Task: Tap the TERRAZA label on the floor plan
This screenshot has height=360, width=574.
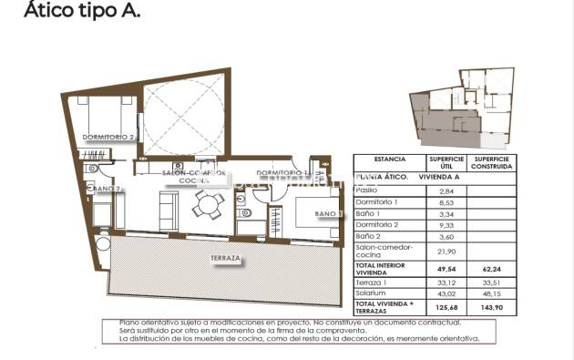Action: (x=225, y=259)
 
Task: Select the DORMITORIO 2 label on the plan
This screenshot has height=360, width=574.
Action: (x=108, y=138)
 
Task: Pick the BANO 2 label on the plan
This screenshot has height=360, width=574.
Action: (x=106, y=190)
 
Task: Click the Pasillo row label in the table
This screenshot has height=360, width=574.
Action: (x=366, y=190)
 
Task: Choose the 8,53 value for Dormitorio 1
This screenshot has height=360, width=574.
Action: (x=446, y=201)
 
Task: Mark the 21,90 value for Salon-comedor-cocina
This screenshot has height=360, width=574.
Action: (x=446, y=250)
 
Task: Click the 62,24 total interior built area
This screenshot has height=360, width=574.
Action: (x=490, y=270)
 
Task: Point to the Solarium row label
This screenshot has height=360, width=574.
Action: (x=371, y=293)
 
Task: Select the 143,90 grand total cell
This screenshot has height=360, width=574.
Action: (x=490, y=308)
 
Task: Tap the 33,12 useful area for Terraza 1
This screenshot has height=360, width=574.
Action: (x=446, y=282)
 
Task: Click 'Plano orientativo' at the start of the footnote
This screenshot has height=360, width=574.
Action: (x=146, y=324)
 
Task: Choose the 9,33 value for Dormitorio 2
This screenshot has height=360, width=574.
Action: (x=446, y=223)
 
